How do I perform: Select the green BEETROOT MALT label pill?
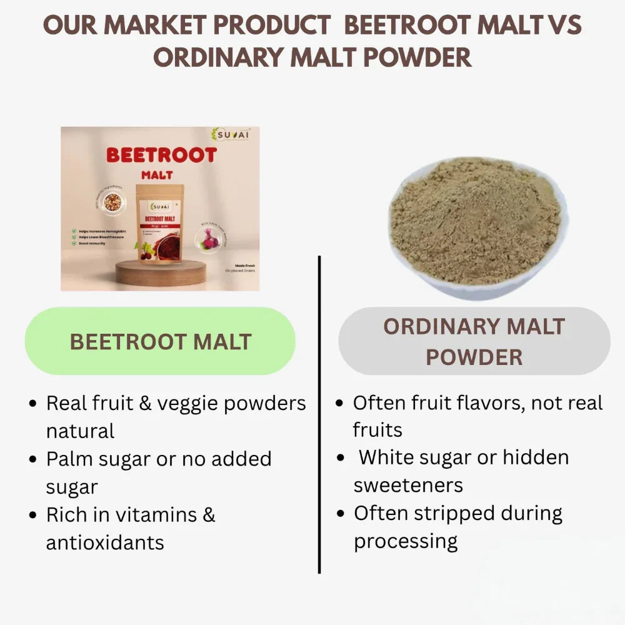tap(160, 342)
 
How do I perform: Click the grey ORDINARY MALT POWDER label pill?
tap(474, 341)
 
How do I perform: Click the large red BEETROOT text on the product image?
tap(161, 155)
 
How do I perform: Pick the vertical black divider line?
tap(319, 412)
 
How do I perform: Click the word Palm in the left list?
tap(68, 459)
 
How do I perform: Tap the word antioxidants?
tap(105, 542)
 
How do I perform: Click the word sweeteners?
tap(408, 485)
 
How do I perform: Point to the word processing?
tap(406, 541)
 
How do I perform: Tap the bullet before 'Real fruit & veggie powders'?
tap(34, 404)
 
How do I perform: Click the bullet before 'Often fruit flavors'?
tap(339, 404)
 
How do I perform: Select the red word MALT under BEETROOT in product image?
tap(156, 176)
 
